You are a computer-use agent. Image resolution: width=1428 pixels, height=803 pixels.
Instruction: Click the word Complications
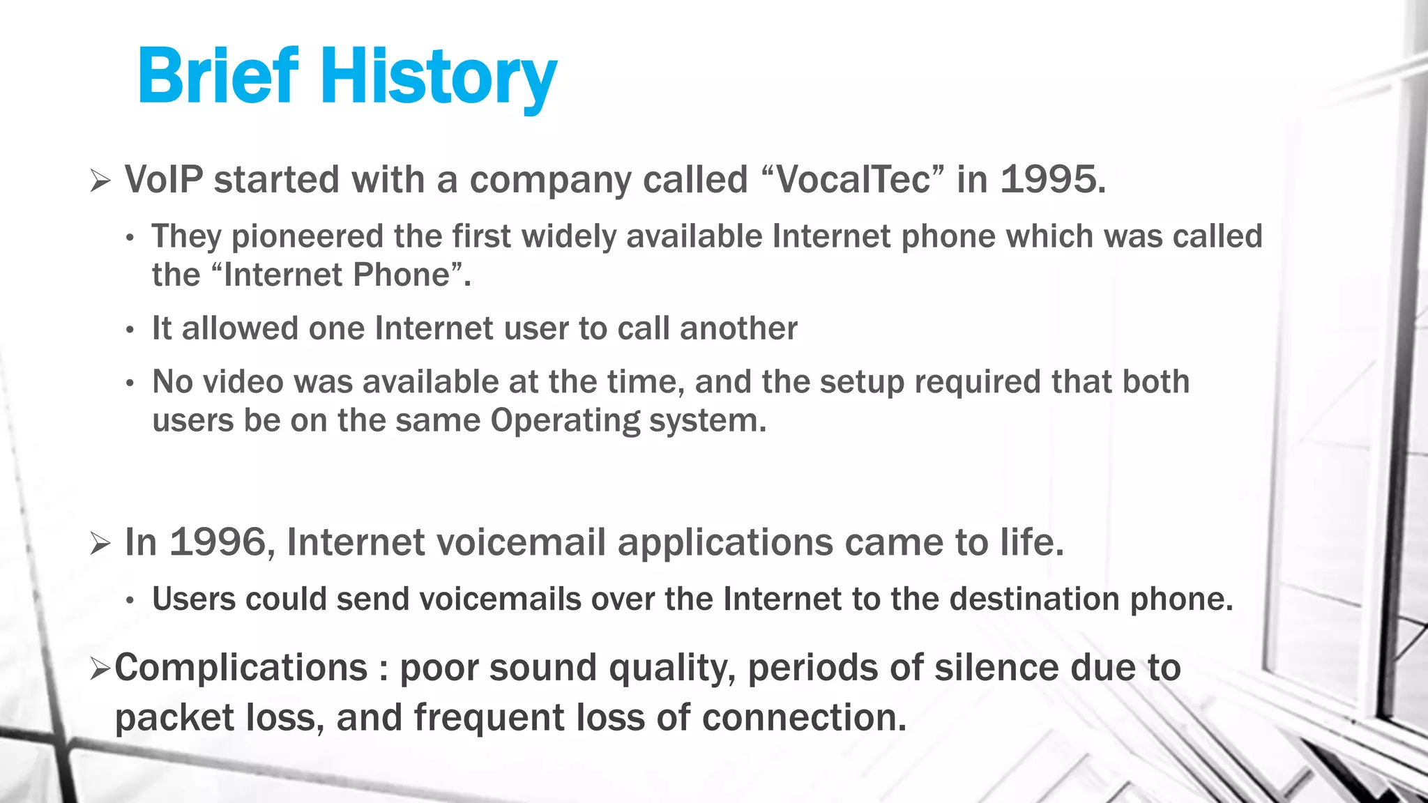(241, 668)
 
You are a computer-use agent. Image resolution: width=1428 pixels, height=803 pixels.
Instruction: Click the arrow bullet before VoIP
(100, 182)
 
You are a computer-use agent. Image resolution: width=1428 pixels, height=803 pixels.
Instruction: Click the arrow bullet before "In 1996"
(100, 544)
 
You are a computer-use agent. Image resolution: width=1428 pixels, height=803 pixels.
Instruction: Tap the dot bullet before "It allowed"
(130, 330)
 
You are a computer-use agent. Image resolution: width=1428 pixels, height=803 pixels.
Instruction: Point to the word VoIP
(164, 180)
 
